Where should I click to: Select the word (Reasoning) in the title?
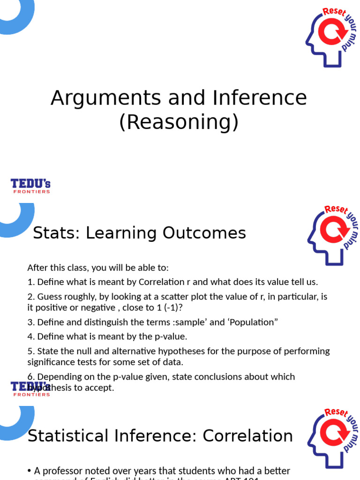(179, 122)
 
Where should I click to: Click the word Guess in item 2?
(49, 296)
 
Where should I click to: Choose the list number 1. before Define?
(30, 282)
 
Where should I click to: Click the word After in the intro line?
(36, 268)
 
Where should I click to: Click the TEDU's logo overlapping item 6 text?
(30, 389)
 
